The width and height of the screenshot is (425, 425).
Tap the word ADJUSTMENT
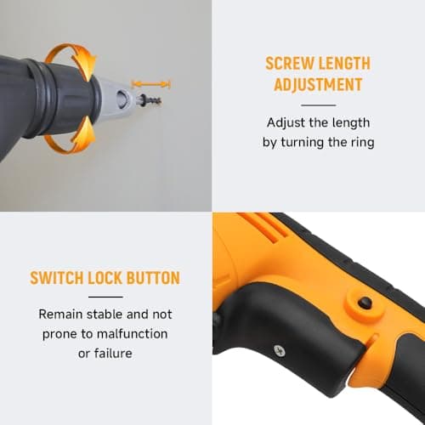(x=318, y=85)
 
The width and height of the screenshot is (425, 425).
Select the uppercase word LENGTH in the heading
(x=348, y=64)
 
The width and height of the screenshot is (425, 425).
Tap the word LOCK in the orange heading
(x=116, y=278)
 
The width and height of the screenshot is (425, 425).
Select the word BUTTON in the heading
(x=160, y=278)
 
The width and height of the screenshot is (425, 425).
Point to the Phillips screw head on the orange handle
(x=301, y=348)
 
